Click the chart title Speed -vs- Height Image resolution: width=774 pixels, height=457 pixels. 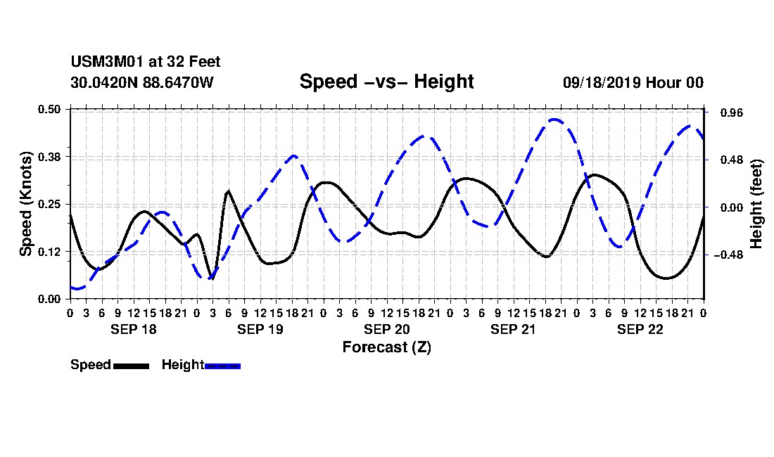386,82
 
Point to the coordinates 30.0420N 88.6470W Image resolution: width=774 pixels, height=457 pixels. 141,82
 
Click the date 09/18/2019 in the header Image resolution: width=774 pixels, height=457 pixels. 601,82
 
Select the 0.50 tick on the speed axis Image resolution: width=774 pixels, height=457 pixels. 49,109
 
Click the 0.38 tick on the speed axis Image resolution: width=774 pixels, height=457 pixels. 49,157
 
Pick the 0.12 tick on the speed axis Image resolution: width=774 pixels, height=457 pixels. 49,252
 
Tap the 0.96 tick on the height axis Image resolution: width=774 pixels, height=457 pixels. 732,113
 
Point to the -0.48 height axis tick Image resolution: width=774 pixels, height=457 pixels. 728,255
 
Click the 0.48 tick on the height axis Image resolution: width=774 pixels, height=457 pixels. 732,160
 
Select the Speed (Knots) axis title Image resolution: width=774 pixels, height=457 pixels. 25,204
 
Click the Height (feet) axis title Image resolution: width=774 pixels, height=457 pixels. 756,204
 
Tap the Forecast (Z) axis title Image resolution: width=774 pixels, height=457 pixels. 386,347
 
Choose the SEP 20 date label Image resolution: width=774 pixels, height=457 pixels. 386,329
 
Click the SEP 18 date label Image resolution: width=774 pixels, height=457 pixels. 133,329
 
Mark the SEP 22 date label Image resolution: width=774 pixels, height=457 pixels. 640,329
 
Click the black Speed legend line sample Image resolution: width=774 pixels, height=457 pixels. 132,366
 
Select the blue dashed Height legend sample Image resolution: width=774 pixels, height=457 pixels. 222,366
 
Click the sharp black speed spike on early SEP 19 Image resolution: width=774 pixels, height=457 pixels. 228,191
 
